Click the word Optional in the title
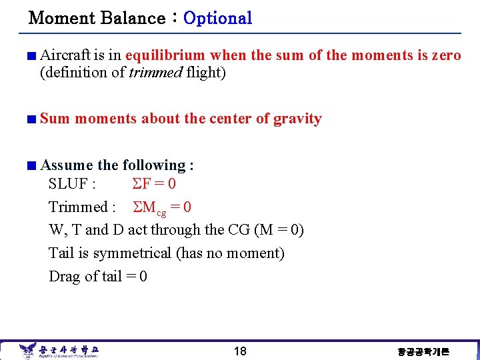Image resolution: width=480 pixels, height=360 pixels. [x=217, y=18]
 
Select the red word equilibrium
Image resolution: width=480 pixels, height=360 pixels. [x=166, y=55]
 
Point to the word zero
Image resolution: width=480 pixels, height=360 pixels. [x=446, y=55]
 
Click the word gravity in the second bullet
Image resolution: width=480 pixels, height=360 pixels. [x=297, y=119]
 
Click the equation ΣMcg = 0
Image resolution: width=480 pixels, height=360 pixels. [x=163, y=208]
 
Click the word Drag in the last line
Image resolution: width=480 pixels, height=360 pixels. [x=65, y=277]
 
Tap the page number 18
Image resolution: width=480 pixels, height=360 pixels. [x=240, y=351]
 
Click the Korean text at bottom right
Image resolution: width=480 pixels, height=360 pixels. [x=423, y=351]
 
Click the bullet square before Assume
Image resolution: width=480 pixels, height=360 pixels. [x=31, y=166]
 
